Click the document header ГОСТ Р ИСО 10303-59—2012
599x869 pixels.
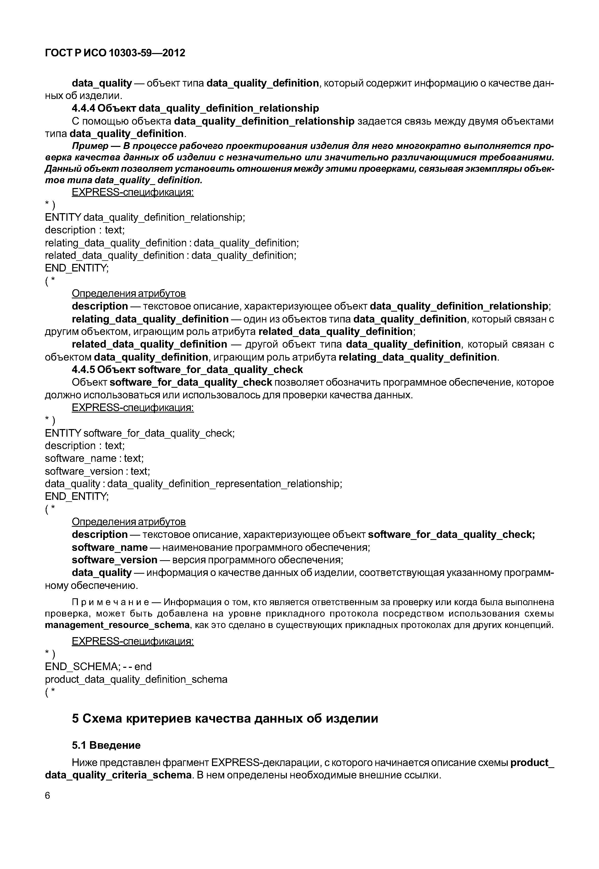115,53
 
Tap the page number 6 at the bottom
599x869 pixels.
47,795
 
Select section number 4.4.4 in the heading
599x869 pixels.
84,108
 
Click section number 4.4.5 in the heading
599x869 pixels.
84,369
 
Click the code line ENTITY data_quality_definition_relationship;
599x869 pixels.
145,217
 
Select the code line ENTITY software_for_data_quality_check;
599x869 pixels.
140,433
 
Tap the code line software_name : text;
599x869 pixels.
94,458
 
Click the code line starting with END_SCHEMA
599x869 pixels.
98,666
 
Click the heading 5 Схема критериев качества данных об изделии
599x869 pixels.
225,718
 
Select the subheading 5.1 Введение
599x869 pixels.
106,745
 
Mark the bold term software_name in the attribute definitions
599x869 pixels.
110,547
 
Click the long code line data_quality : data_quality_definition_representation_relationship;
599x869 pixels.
193,483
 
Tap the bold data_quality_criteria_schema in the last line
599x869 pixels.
118,775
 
